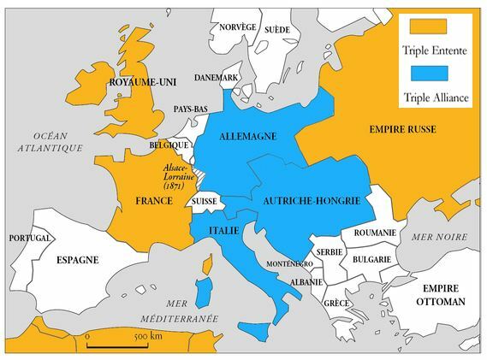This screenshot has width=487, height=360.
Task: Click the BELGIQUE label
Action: tap(169, 146)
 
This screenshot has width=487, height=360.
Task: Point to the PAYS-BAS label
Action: tap(190, 109)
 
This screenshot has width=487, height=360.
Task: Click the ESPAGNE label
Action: tap(77, 259)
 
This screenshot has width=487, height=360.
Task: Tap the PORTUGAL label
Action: tap(29, 238)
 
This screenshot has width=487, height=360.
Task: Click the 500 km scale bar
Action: tap(121, 345)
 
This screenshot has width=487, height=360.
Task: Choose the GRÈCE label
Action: tap(336, 303)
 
